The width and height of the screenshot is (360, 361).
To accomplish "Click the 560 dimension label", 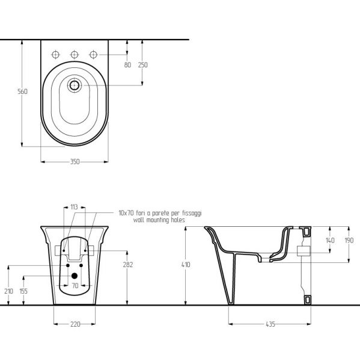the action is [23, 91].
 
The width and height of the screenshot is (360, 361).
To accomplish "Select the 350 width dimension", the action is [75, 162].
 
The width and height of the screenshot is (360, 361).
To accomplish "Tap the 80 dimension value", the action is [127, 65].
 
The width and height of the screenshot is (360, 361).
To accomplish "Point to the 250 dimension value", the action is [142, 65].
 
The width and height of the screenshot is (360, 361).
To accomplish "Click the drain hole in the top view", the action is [75, 85].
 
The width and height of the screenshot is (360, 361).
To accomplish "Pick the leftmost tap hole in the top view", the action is [55, 55].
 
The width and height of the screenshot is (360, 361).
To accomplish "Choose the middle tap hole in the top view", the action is [74, 55].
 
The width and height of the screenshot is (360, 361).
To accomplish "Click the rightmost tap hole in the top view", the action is [93, 55].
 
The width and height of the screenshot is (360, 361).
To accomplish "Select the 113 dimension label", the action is [74, 207].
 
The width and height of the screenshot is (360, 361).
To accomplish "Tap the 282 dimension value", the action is [128, 265].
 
